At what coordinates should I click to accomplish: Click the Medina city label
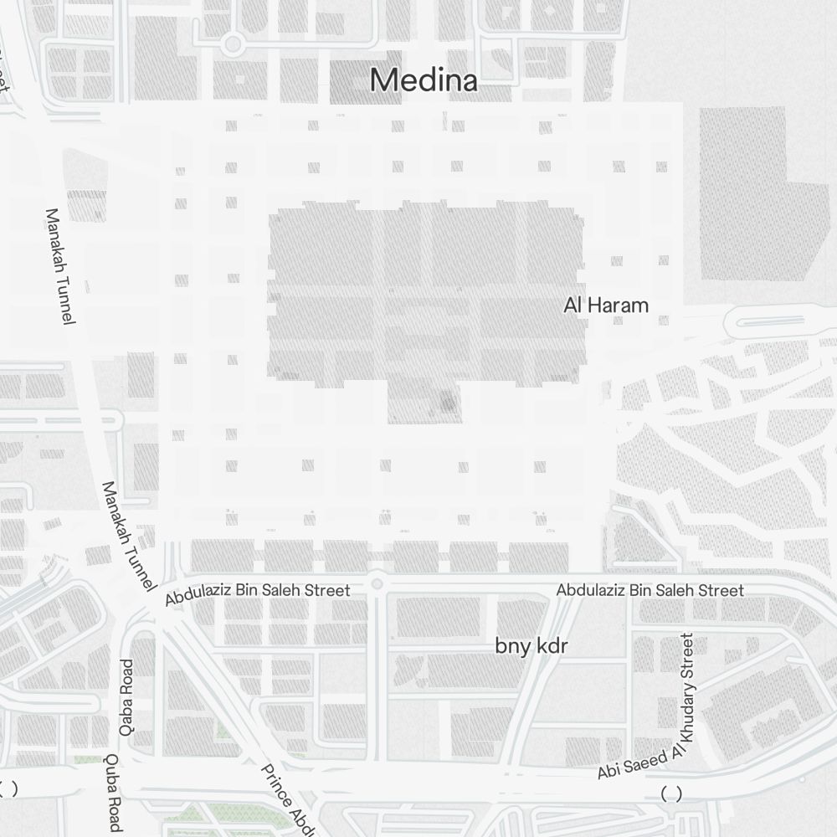click(x=424, y=80)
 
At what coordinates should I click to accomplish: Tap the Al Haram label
click(x=606, y=306)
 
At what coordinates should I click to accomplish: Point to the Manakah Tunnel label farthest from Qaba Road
click(x=61, y=266)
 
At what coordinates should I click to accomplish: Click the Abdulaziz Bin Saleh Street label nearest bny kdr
click(x=650, y=591)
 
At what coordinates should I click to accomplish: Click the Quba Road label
click(x=113, y=792)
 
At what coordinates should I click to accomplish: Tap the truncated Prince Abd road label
click(x=288, y=799)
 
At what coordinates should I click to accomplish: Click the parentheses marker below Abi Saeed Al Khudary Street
click(x=670, y=793)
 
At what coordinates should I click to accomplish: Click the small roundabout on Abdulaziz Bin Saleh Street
click(x=377, y=583)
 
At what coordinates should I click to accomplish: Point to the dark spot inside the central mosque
click(x=448, y=403)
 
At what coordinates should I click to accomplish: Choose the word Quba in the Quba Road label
click(x=112, y=770)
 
